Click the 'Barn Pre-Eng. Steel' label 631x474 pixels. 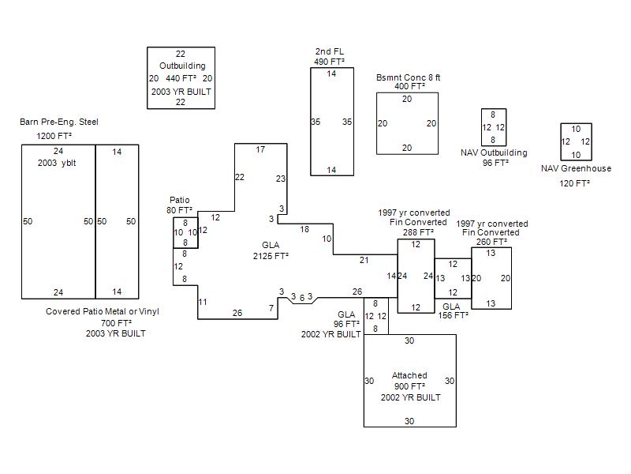(58, 122)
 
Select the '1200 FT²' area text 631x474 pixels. (54, 136)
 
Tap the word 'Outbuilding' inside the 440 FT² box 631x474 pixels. (182, 66)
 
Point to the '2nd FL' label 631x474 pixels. (330, 51)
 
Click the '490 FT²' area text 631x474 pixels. (329, 62)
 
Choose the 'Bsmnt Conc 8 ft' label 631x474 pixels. (408, 77)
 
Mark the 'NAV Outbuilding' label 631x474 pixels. (494, 152)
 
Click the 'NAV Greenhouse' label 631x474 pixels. (576, 168)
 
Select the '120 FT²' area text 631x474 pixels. (574, 183)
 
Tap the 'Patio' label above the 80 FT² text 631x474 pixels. (180, 200)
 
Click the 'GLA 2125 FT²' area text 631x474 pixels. (271, 250)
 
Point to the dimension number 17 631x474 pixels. (260, 149)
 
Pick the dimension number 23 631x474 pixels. (281, 179)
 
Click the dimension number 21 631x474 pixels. (364, 261)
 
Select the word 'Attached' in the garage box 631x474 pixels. (409, 375)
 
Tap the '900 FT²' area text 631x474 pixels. (409, 386)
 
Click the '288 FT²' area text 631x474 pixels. (418, 232)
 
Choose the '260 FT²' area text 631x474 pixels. (491, 242)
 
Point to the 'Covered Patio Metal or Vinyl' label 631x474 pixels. (103, 311)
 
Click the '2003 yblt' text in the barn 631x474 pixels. (57, 163)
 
